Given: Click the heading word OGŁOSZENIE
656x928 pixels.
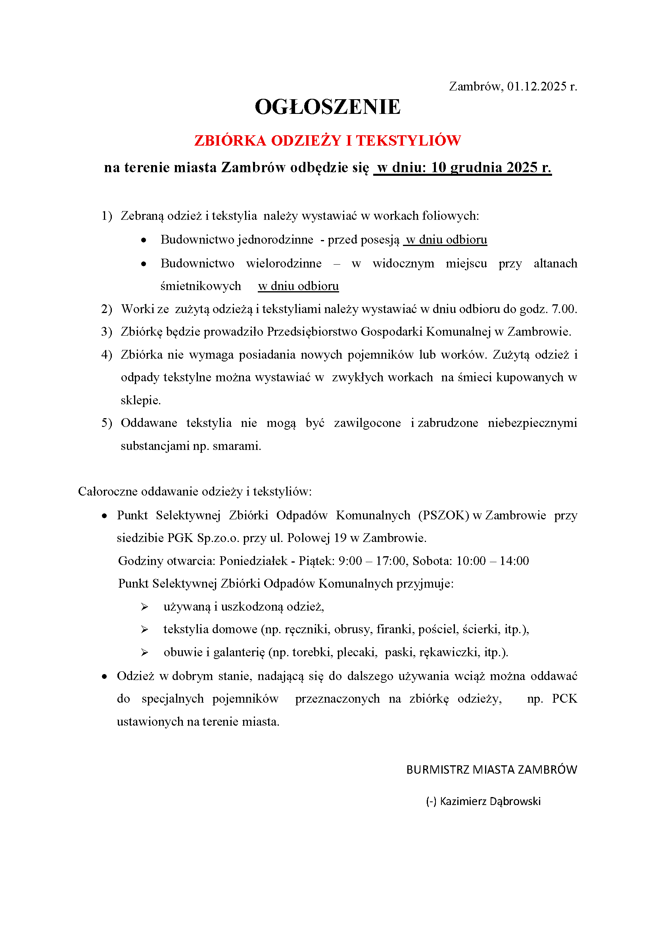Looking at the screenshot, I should [327, 107].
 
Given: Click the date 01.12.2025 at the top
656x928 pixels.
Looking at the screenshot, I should [537, 86].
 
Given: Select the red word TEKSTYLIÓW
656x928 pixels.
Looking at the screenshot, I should [408, 141].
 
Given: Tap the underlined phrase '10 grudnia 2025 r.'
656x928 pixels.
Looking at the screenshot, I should [491, 167].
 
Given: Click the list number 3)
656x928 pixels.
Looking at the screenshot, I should [107, 332].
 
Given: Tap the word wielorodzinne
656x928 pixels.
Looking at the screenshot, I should [284, 263].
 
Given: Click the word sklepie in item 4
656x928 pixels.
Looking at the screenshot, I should [140, 401].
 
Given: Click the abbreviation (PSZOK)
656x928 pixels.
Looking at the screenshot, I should [443, 515].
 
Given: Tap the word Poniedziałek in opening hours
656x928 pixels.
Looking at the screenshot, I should [253, 561].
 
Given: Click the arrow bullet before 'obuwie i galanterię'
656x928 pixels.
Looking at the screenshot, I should [145, 652].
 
